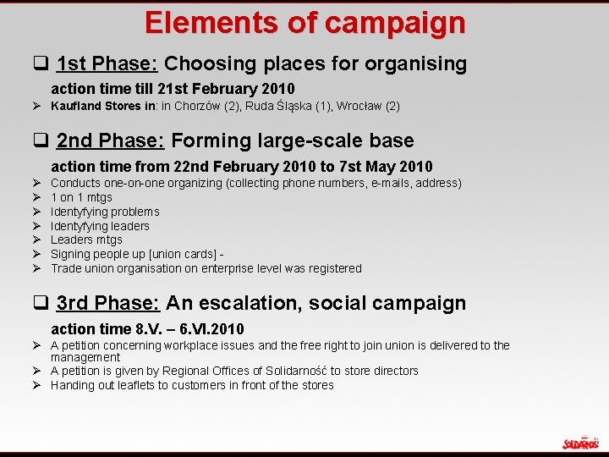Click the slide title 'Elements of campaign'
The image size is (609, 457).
tap(304, 22)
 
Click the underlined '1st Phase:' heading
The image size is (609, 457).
tap(107, 63)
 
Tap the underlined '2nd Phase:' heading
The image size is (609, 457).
tap(109, 140)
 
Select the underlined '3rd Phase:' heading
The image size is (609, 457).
tap(109, 303)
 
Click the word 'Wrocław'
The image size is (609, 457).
tap(360, 106)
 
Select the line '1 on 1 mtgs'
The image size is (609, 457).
tap(81, 197)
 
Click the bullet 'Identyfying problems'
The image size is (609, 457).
tap(105, 212)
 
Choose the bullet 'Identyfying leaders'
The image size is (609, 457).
tap(100, 226)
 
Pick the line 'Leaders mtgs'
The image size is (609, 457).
tap(86, 240)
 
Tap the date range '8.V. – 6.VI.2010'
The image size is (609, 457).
tap(189, 328)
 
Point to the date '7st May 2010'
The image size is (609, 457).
tap(389, 167)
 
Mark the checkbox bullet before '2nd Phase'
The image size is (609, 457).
tap(39, 141)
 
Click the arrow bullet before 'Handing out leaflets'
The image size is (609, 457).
tap(38, 385)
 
